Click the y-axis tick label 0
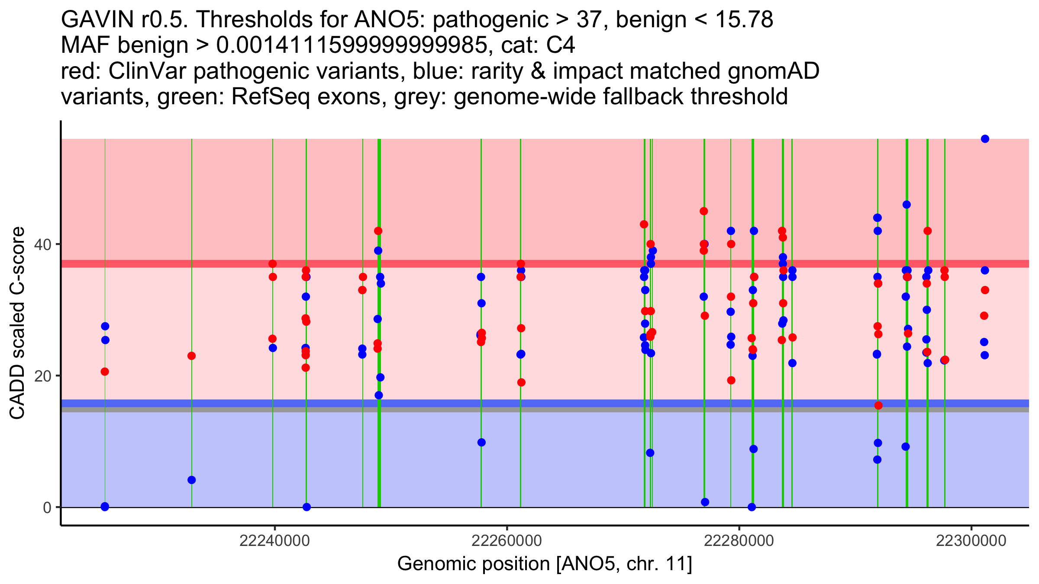tap(47, 507)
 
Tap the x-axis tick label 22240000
tap(274, 541)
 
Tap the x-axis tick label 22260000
tap(507, 541)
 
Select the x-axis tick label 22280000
tap(739, 541)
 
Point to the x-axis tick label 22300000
tap(971, 541)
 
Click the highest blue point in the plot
tap(985, 139)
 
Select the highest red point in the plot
tap(704, 211)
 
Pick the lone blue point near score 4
tap(192, 480)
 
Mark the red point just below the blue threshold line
tap(878, 405)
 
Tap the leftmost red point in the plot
tap(105, 372)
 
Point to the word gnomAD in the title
tap(773, 71)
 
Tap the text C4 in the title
tap(561, 45)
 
